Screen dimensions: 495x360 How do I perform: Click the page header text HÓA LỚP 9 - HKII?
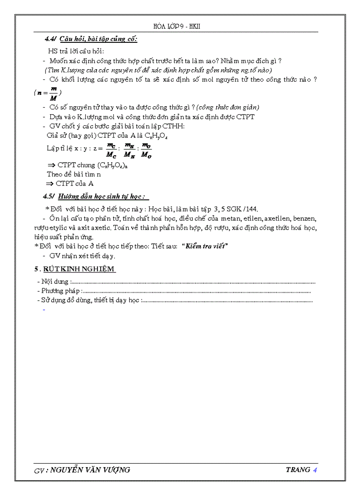click(180, 26)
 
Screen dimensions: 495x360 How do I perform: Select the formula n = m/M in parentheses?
click(48, 93)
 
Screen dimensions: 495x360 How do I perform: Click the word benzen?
click(305, 218)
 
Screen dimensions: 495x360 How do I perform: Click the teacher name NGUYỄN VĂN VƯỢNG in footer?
click(90, 470)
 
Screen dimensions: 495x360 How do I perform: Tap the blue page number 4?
click(315, 469)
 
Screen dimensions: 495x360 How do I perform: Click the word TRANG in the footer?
click(298, 469)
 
